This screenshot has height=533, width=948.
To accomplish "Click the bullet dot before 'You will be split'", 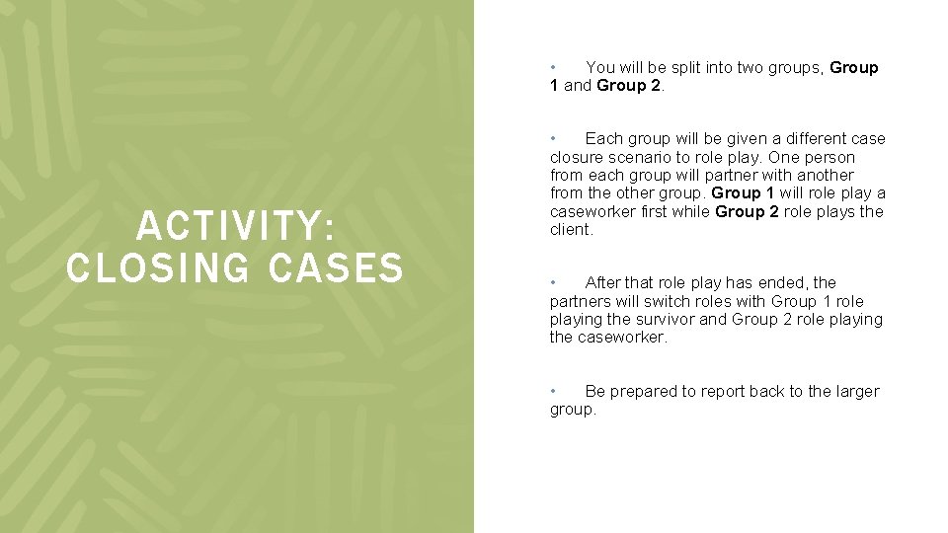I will click(554, 67).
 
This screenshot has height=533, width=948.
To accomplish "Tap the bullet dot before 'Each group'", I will click(554, 138).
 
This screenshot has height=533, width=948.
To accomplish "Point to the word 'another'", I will click(825, 176).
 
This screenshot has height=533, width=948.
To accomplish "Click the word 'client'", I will click(570, 230).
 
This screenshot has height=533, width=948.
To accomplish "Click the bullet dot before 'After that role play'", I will click(554, 282).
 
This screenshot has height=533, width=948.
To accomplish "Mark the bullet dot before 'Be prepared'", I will click(554, 391).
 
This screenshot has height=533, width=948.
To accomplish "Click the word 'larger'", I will click(856, 392).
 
